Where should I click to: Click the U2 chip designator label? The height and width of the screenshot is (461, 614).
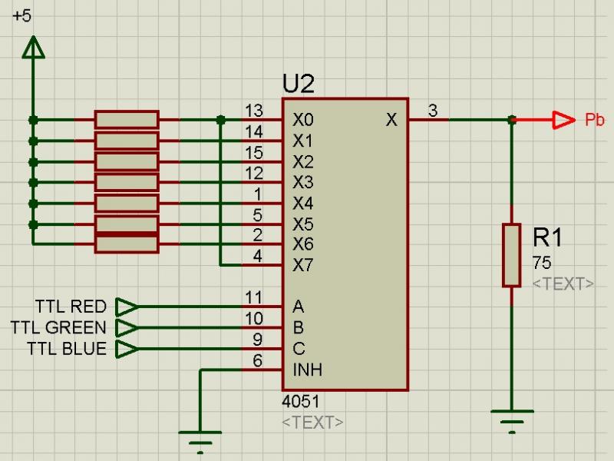299,84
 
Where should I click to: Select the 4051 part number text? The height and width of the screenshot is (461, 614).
302,402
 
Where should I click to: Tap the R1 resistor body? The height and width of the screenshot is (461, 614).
512,255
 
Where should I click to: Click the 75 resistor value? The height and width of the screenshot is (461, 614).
542,263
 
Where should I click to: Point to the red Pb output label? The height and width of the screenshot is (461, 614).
594,120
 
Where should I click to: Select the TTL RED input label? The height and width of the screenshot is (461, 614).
71,307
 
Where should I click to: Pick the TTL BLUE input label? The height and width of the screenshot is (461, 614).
67,349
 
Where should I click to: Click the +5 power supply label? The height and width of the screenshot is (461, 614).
22,16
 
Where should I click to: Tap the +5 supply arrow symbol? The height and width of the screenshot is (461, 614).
32,48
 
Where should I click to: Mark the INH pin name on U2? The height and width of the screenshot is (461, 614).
307,370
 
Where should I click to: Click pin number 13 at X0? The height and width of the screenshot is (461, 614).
254,111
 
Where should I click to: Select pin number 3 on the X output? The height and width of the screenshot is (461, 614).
433,111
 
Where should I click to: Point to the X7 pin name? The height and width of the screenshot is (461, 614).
303,266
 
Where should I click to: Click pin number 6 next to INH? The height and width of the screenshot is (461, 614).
258,360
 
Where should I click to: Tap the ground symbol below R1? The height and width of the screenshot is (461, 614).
512,420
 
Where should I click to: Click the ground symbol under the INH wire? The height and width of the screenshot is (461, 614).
200,441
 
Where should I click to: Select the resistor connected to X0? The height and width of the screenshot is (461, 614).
127,120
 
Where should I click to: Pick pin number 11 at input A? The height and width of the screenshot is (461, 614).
254,298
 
